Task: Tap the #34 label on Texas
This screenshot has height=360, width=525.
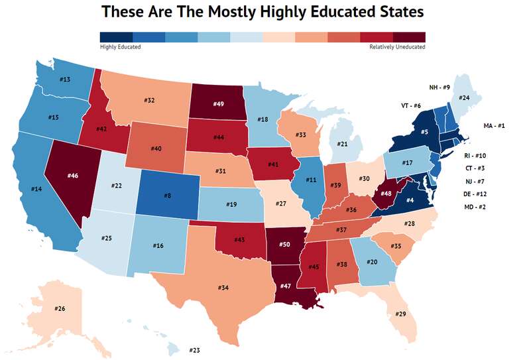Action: pyautogui.click(x=223, y=288)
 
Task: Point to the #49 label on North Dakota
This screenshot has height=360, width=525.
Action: pyautogui.click(x=217, y=103)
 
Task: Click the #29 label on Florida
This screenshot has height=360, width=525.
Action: pyautogui.click(x=401, y=313)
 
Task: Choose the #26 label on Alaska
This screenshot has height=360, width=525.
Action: pyautogui.click(x=60, y=309)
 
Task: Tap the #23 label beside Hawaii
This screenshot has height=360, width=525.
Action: pyautogui.click(x=195, y=350)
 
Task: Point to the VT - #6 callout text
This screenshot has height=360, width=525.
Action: pyautogui.click(x=411, y=105)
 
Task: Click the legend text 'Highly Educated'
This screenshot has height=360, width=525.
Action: pyautogui.click(x=120, y=47)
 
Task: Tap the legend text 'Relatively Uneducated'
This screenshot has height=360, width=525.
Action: pyautogui.click(x=397, y=47)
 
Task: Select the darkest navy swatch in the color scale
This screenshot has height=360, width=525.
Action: pyautogui.click(x=115, y=36)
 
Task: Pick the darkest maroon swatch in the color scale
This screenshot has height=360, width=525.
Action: pyautogui.click(x=409, y=36)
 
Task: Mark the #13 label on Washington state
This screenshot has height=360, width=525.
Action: pyautogui.click(x=65, y=80)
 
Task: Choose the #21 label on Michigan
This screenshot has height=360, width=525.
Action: pyautogui.click(x=343, y=145)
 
